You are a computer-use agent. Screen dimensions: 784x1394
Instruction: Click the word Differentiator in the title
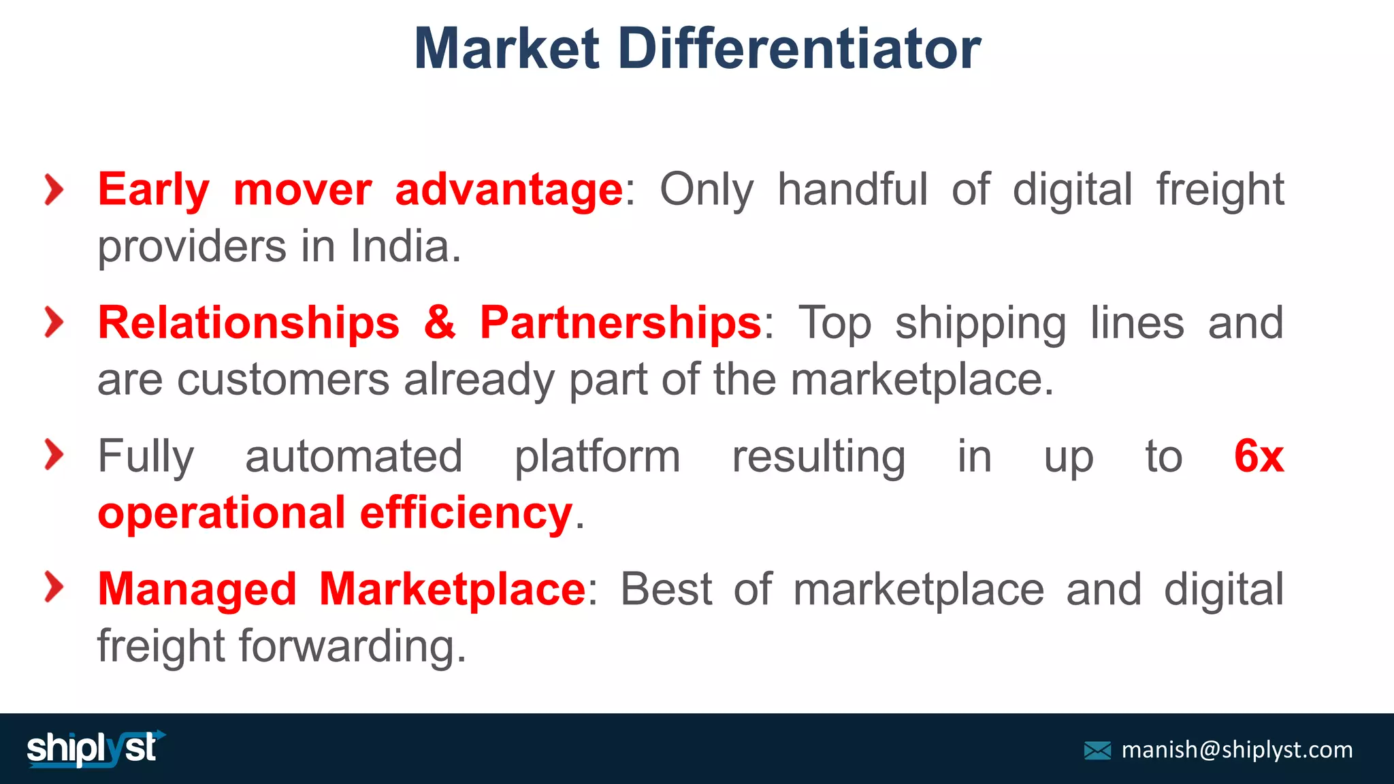(x=800, y=49)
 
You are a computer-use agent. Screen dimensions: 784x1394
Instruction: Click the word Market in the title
(x=506, y=49)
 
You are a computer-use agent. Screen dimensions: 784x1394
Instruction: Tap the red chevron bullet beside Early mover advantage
(x=54, y=189)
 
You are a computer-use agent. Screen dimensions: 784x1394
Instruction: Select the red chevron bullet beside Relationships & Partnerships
(x=54, y=322)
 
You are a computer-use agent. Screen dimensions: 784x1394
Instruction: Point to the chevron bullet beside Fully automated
(x=54, y=455)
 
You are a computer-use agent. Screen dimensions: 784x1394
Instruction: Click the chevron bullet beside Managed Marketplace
(x=54, y=587)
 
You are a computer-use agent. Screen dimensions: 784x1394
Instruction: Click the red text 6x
(x=1258, y=456)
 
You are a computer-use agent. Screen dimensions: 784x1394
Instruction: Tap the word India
(x=406, y=246)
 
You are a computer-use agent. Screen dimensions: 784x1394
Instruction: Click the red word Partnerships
(x=620, y=323)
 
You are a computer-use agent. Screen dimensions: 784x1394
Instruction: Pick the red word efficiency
(x=466, y=513)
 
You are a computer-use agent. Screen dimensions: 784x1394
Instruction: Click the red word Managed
(x=197, y=589)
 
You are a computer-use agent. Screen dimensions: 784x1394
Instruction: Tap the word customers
(x=283, y=380)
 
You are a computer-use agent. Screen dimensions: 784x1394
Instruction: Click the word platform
(x=597, y=457)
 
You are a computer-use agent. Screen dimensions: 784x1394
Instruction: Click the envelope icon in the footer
(x=1097, y=751)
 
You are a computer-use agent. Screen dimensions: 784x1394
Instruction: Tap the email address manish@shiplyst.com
(x=1237, y=750)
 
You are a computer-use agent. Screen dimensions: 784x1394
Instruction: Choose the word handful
(x=852, y=189)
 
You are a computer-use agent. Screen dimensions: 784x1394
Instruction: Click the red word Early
(x=154, y=191)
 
